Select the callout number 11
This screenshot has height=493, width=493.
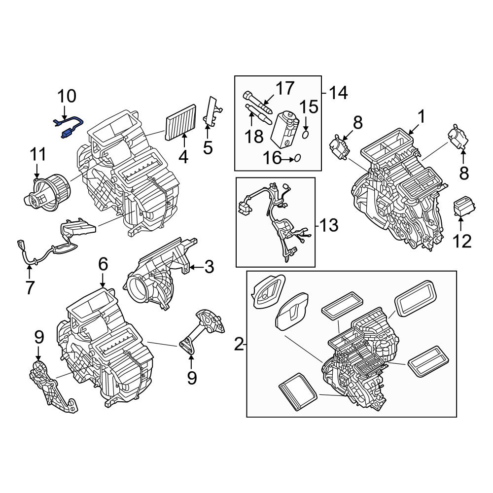pyautogui.click(x=37, y=155)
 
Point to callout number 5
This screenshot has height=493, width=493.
pyautogui.click(x=208, y=147)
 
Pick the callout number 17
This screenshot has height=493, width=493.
pyautogui.click(x=284, y=89)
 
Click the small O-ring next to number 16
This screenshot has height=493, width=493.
pyautogui.click(x=297, y=158)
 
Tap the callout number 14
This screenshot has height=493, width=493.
pyautogui.click(x=338, y=92)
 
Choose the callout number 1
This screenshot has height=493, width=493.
pyautogui.click(x=422, y=117)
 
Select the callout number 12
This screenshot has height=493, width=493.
pyautogui.click(x=462, y=241)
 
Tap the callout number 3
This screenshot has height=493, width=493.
pyautogui.click(x=209, y=267)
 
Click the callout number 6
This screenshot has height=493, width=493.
pyautogui.click(x=103, y=265)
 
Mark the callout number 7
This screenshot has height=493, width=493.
pyautogui.click(x=30, y=287)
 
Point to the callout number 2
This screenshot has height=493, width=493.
pyautogui.click(x=239, y=345)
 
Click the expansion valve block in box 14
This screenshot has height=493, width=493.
pyautogui.click(x=285, y=128)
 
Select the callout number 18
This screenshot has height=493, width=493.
pyautogui.click(x=254, y=136)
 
